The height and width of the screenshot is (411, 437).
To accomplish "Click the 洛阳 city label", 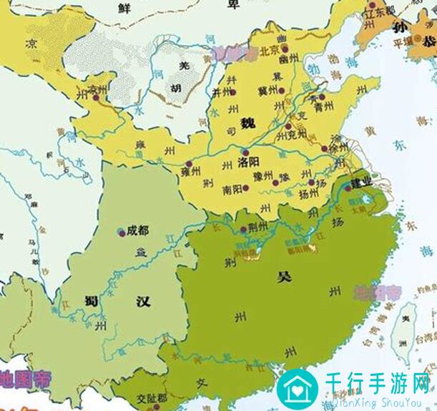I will [x=247, y=164].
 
